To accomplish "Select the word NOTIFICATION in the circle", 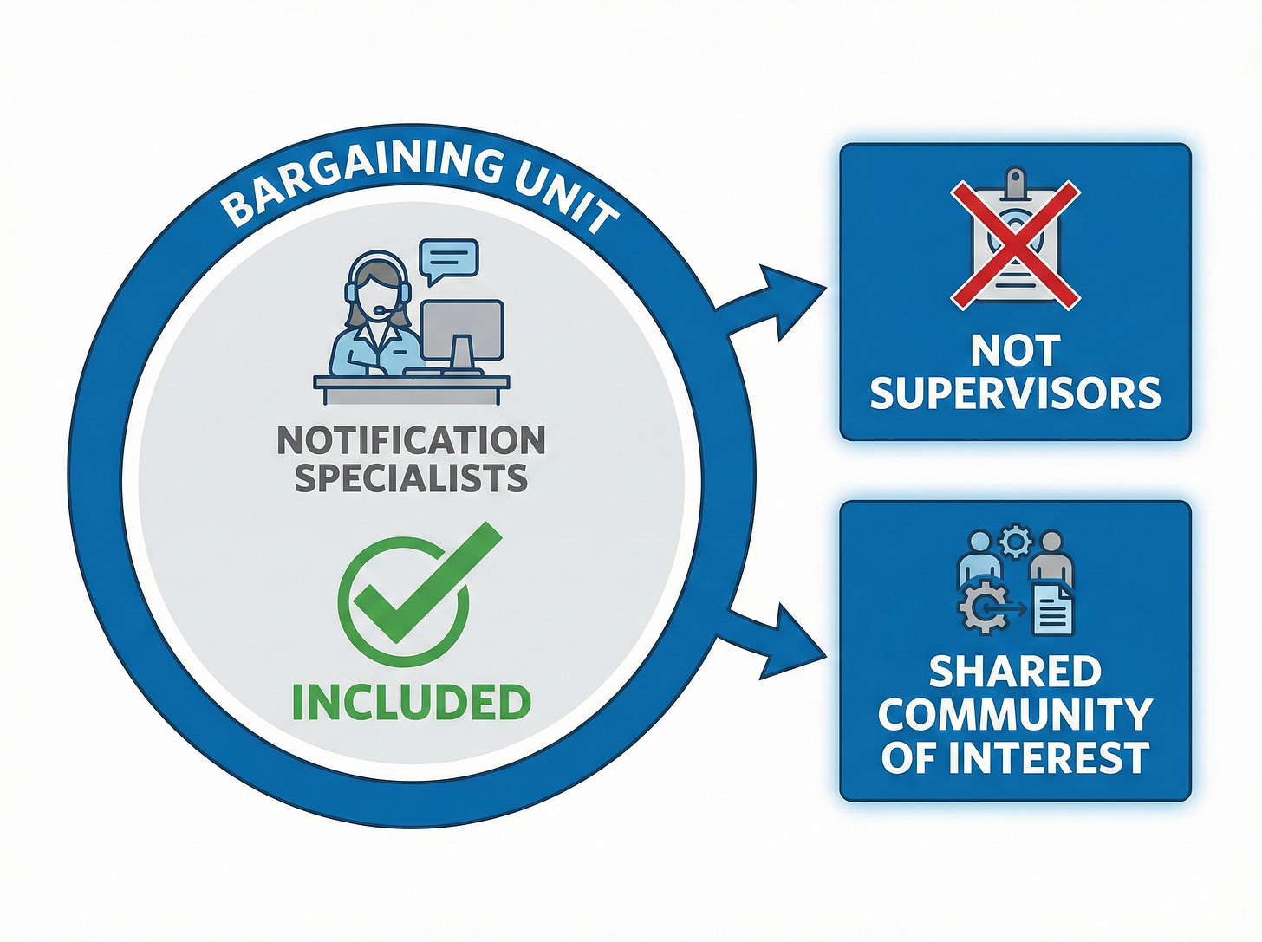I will [x=411, y=440].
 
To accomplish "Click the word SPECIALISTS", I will [x=411, y=478].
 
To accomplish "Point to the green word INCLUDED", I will [x=411, y=702].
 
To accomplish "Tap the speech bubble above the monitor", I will [x=448, y=258].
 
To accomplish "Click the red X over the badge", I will [x=1015, y=244].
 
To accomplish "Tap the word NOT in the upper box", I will [x=1015, y=351].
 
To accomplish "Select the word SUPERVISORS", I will [x=1015, y=394].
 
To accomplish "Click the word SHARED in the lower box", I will [x=1015, y=672].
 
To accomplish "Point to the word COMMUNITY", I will [x=1015, y=715].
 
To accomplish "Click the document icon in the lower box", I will [x=1053, y=607].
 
